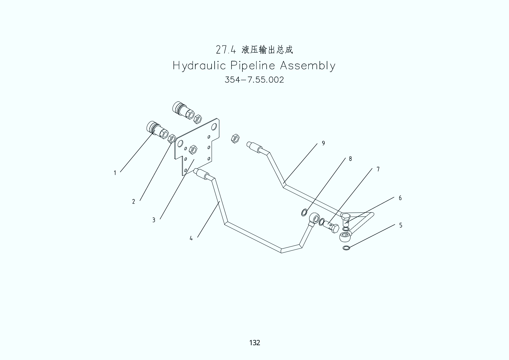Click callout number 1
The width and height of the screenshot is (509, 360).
pos(115,173)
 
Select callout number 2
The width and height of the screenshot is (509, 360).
pos(134,202)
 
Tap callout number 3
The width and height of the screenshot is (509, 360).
pos(154,220)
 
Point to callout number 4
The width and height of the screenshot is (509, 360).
pos(191,238)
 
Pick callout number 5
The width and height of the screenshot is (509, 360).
pos(401,225)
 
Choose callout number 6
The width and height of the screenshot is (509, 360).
pos(400,198)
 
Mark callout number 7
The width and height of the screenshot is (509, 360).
pos(378,169)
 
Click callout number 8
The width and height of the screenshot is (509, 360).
pos(350,159)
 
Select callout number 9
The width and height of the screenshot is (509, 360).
pos(323,143)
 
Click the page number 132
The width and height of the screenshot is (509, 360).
pos(254,343)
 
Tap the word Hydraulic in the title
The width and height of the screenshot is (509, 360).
pos(199,66)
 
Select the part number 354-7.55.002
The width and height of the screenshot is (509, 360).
pos(254,80)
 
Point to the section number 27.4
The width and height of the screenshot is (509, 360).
pos(225,50)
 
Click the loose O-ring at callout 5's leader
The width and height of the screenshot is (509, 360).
pos(346,248)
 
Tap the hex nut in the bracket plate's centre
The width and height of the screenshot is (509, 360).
pos(193,149)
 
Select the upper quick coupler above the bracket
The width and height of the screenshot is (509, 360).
pos(182,110)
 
